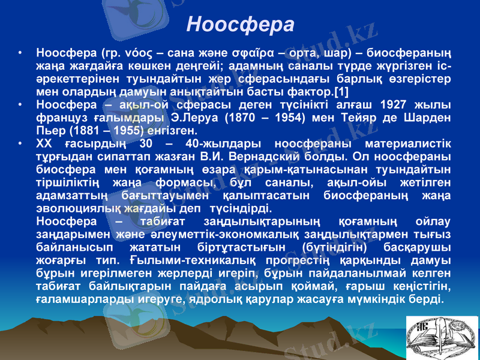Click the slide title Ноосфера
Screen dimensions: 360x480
[240, 25]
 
